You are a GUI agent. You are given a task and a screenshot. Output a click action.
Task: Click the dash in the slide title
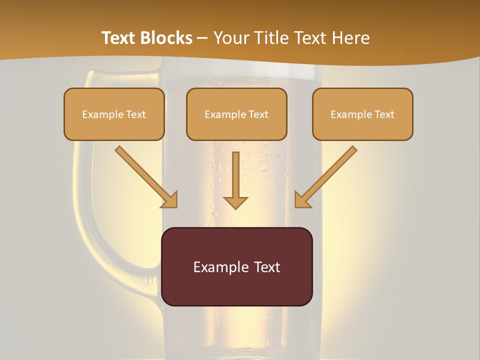coord(202,38)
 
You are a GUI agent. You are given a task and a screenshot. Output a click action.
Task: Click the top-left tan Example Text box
coord(114,114)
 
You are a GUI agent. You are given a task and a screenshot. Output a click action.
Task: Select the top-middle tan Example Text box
coord(236,114)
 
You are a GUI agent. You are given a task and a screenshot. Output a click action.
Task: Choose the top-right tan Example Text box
coord(362,114)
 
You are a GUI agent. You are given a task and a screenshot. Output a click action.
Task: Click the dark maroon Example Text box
coord(236,266)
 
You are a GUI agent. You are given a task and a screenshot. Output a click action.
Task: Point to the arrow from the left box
coord(145,176)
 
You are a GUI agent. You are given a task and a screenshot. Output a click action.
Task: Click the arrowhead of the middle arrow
coord(235,202)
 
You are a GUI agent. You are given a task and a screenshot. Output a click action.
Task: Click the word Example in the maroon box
coord(218,267)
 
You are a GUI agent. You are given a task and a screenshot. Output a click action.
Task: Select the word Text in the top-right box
coord(384,114)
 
